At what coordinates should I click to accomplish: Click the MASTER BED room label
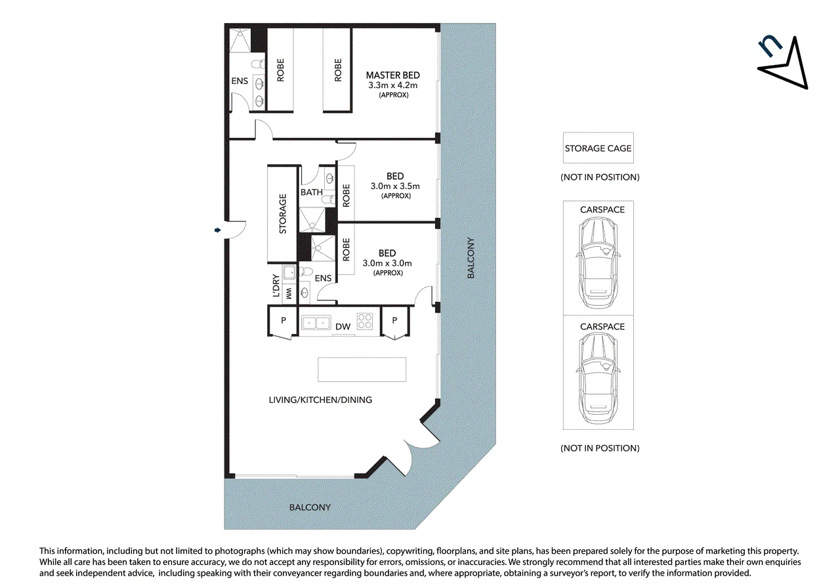click(x=392, y=75)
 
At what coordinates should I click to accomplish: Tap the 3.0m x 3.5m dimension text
click(x=395, y=186)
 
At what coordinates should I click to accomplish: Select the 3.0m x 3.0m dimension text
click(x=387, y=263)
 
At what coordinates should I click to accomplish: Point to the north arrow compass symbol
click(x=784, y=64)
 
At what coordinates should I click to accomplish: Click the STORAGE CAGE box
click(x=598, y=148)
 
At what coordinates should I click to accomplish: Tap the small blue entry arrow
click(x=217, y=230)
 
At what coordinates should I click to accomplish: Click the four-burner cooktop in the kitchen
click(x=364, y=322)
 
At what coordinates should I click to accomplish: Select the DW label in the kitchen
click(x=343, y=327)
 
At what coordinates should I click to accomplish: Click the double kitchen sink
click(x=316, y=322)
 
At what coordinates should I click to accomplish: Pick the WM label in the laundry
click(x=288, y=293)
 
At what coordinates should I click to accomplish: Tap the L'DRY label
click(x=276, y=285)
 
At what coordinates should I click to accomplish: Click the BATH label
click(x=311, y=192)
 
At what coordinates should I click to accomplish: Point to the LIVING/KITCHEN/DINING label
click(x=320, y=400)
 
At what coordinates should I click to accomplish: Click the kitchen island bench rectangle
click(x=362, y=369)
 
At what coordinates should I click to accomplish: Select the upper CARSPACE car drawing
click(x=598, y=262)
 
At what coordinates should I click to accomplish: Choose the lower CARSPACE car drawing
click(x=598, y=378)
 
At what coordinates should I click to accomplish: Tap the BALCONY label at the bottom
click(x=310, y=507)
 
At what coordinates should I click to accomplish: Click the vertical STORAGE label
click(x=283, y=214)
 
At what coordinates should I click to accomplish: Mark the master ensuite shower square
click(x=240, y=40)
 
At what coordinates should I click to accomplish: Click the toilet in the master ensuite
click(x=258, y=64)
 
